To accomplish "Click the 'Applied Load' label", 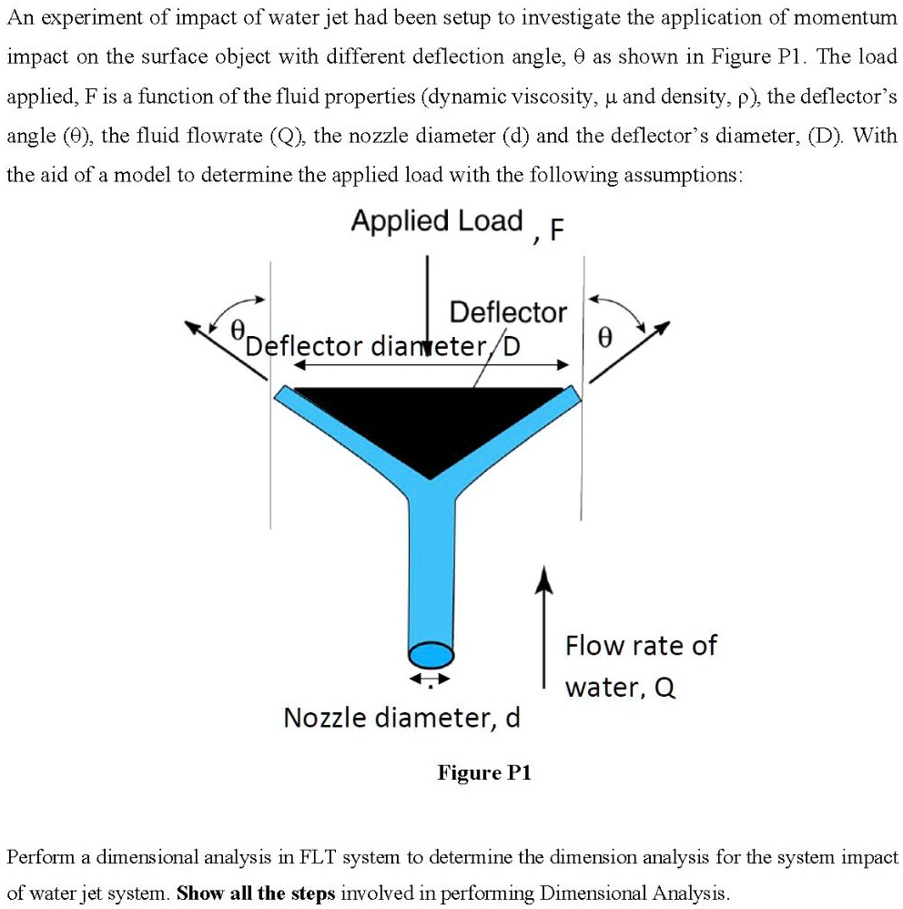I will [x=437, y=221].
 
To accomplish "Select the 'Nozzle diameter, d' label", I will [x=401, y=718].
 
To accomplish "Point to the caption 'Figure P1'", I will [x=484, y=773].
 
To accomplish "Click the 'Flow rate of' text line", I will [x=641, y=646].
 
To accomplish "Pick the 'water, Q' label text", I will [x=621, y=687].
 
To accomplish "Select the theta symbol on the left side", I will [x=238, y=330].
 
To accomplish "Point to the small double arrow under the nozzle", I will [x=430, y=679].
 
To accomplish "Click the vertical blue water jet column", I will [x=431, y=565].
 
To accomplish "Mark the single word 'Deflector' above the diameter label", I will [x=508, y=312].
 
